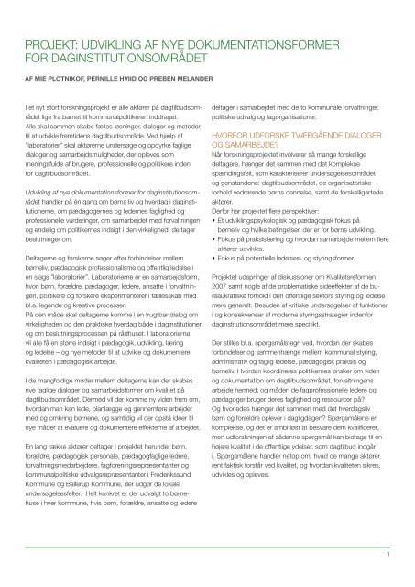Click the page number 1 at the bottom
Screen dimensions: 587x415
[389, 553]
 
